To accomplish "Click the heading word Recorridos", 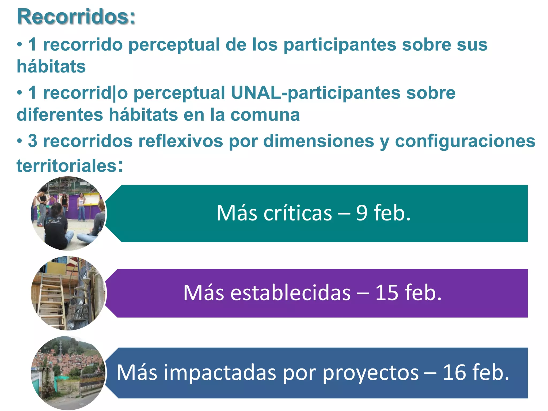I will (76, 17).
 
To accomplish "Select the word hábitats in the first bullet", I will (51, 66).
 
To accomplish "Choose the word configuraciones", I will (465, 141).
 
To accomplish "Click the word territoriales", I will (67, 166).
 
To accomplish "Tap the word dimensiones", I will (318, 141).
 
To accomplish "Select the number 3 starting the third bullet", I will (32, 141).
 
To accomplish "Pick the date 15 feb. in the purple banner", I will (408, 293).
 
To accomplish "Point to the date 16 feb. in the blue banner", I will (476, 372).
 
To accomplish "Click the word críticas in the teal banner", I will (298, 213).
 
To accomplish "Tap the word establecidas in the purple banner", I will (290, 293).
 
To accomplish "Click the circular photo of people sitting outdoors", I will (68, 214).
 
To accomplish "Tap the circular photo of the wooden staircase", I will (68, 293).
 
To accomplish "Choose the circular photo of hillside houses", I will (68, 373).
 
